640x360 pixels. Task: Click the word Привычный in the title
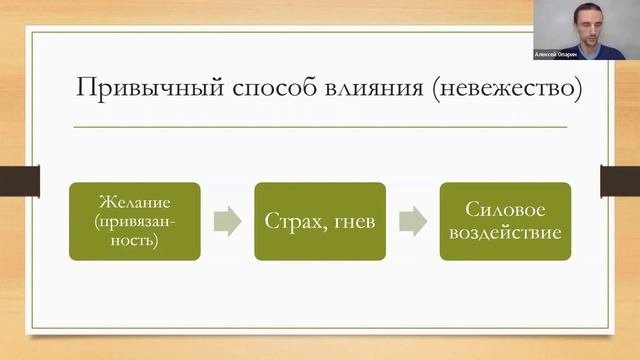coord(131,87)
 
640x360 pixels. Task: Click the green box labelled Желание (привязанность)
coord(134,221)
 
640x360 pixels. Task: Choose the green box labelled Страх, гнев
coord(319,221)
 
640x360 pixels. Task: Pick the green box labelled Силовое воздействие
coord(505,221)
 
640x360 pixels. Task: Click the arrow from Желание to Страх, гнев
coord(227,221)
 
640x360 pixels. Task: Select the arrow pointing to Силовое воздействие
coord(412,221)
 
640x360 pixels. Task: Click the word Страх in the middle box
coord(293,222)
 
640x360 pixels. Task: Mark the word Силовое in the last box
coord(505,210)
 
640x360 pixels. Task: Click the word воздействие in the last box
coord(505,233)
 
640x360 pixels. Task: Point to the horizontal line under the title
coord(320,126)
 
